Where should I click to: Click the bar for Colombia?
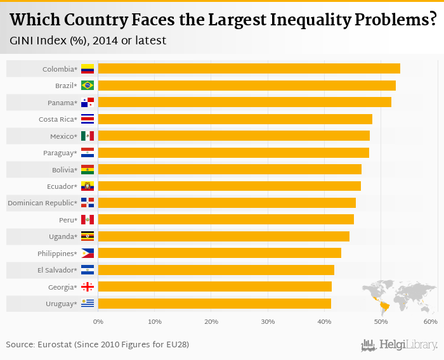click(x=249, y=68)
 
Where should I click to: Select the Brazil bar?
click(x=247, y=86)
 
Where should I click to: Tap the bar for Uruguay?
click(x=214, y=304)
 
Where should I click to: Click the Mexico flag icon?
click(x=88, y=136)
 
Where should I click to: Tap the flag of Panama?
click(x=88, y=102)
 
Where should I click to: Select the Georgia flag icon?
click(x=88, y=287)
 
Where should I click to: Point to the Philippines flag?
click(x=88, y=254)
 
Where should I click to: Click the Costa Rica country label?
click(x=58, y=119)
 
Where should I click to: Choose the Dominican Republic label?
click(x=42, y=203)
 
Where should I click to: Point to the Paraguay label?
click(x=60, y=153)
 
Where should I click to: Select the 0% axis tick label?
click(x=98, y=323)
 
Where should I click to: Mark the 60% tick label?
click(x=431, y=323)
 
